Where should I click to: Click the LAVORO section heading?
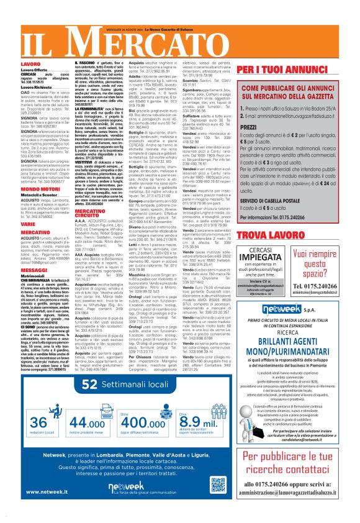(31, 64)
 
